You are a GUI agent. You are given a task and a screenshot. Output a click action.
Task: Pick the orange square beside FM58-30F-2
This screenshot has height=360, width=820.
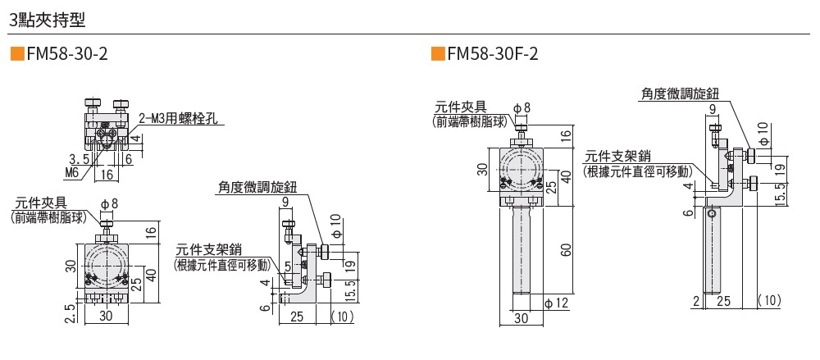click(436, 55)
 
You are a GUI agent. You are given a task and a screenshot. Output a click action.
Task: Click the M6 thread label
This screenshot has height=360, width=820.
click(71, 172)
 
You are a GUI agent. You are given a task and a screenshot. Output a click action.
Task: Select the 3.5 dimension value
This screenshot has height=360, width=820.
click(79, 158)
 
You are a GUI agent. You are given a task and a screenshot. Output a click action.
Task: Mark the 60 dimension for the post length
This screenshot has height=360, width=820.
click(566, 250)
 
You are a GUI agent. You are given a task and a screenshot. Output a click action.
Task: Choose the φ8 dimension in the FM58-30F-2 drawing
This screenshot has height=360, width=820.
click(522, 107)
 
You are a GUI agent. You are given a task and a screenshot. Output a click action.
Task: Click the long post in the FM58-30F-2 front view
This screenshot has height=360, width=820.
click(522, 250)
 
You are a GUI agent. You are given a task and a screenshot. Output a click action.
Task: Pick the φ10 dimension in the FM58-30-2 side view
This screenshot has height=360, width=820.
click(335, 222)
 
